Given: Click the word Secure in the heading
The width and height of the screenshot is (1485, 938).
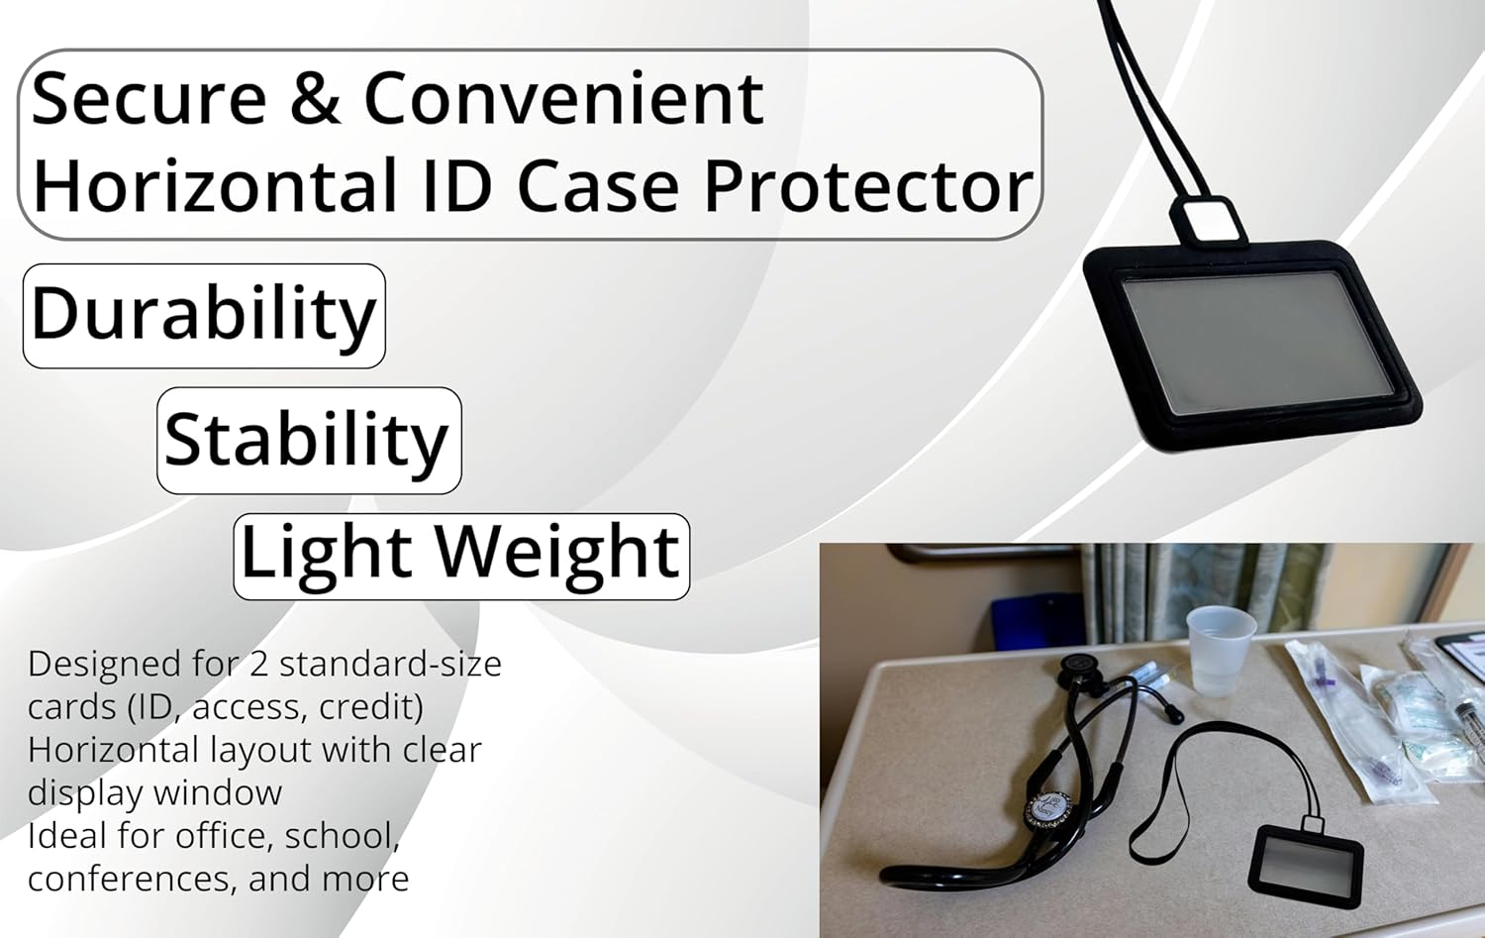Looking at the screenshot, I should (148, 99).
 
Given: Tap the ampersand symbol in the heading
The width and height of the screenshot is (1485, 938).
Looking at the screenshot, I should (315, 99).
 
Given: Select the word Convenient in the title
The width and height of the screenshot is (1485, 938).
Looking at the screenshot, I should (563, 99).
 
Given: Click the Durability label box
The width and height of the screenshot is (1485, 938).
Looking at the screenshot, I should (204, 316).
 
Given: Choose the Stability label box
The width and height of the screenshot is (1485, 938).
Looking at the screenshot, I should (309, 441).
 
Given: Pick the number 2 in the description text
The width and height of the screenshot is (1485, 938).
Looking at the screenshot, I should (258, 664).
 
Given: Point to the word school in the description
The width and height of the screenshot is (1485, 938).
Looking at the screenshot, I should (341, 837).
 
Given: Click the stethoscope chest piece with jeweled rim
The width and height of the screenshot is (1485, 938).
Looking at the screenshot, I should (1048, 809).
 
